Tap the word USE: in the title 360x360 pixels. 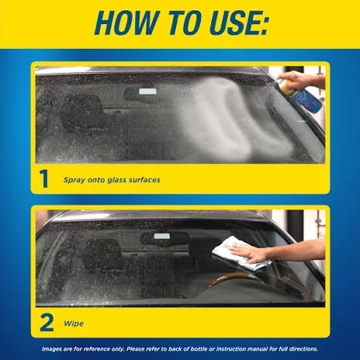[x=238, y=22]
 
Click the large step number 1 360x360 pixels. [x=44, y=178]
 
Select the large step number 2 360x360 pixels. [x=46, y=322]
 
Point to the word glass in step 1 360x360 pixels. [x=117, y=180]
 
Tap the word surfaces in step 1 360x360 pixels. [x=145, y=180]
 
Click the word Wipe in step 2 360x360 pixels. [x=74, y=324]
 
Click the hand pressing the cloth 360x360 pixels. [x=250, y=254]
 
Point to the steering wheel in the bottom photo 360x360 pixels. [x=234, y=278]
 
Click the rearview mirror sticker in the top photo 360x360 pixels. [x=148, y=91]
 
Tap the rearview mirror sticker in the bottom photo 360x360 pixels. [x=162, y=236]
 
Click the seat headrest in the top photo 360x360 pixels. [x=85, y=110]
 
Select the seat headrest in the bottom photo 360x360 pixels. [x=102, y=254]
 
